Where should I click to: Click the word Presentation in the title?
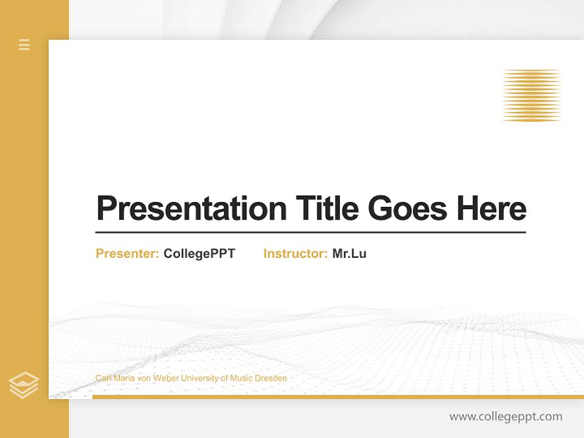[191, 209]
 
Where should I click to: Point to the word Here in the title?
[492, 209]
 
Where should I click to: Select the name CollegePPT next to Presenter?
[199, 254]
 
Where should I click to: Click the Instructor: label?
[295, 254]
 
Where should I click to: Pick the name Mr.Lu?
[349, 254]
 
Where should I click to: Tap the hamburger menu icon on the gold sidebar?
[24, 44]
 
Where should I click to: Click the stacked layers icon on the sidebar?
[24, 385]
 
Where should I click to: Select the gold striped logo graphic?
[532, 96]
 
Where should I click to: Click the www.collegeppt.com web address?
[506, 417]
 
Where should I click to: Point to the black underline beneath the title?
[310, 232]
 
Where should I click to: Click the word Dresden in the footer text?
[271, 378]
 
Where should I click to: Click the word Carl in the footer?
[103, 378]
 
